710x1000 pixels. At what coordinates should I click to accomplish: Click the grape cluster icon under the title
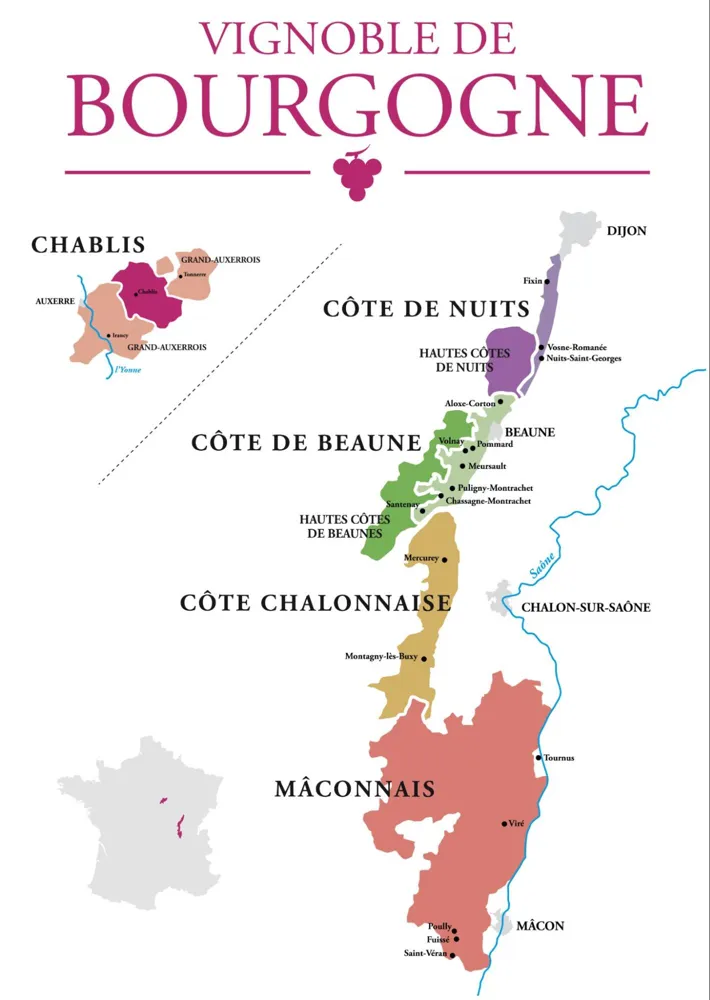point(356,172)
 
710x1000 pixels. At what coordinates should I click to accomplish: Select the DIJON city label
point(626,231)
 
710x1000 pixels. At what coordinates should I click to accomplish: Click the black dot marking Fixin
point(546,282)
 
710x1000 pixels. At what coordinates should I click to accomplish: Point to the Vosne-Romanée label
point(577,347)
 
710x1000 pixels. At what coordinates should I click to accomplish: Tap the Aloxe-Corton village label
point(470,403)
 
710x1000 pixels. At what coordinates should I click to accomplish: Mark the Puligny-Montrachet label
point(494,488)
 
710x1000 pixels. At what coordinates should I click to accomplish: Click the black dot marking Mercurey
point(445,560)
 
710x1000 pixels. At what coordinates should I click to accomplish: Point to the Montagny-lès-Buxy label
point(380,657)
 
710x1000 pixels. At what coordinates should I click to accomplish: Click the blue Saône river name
point(541,568)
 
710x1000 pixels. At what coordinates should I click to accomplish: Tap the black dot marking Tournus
point(539,758)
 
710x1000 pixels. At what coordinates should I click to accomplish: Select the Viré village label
point(517,823)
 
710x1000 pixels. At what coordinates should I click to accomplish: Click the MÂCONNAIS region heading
point(354,789)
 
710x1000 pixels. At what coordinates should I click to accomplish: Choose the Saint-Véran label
point(425,955)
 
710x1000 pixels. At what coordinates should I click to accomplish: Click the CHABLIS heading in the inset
point(88,245)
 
